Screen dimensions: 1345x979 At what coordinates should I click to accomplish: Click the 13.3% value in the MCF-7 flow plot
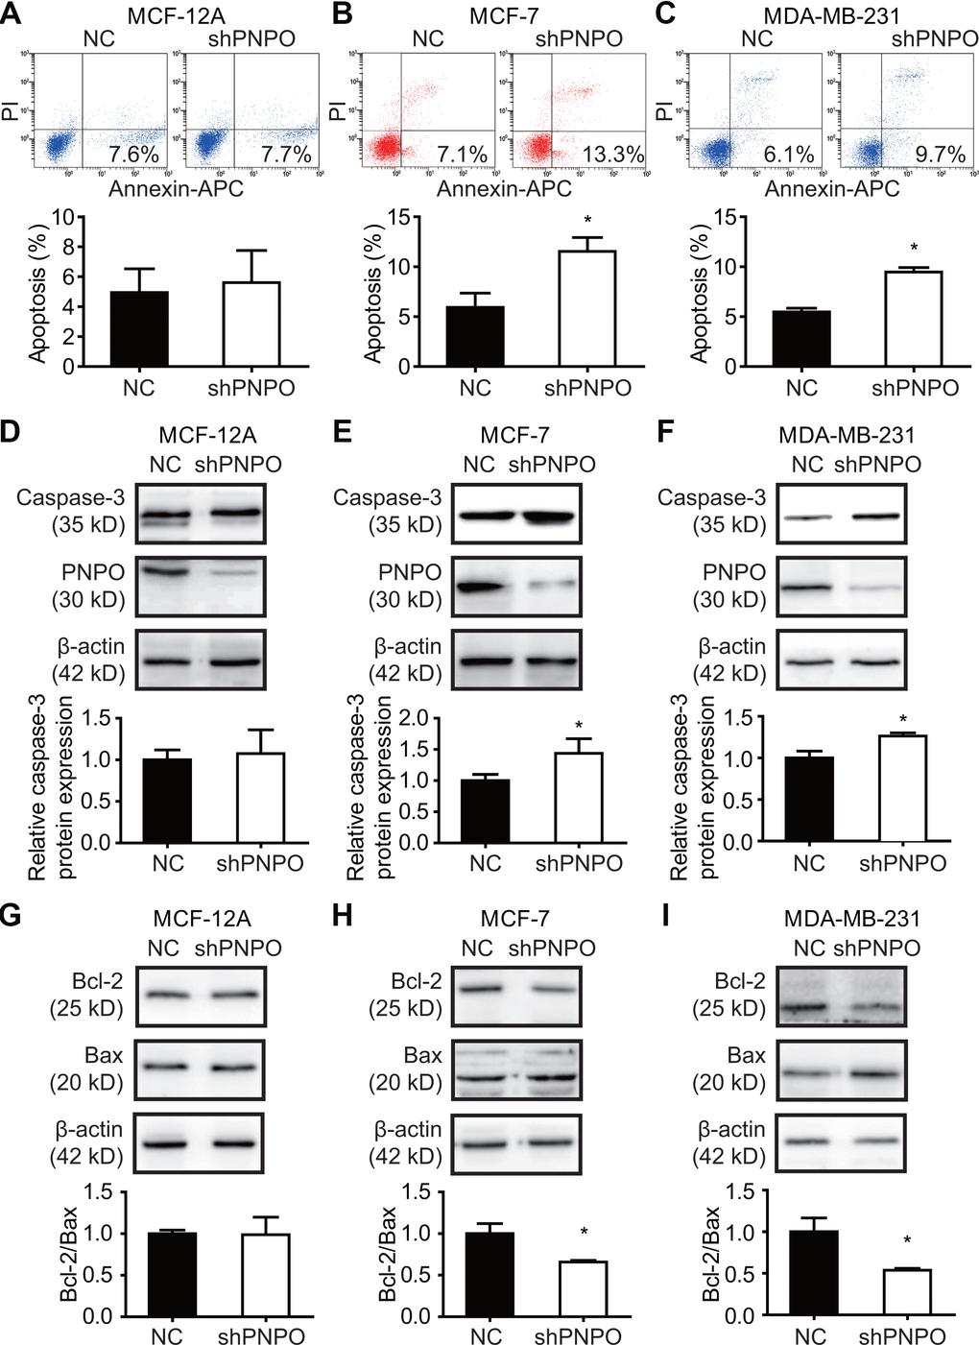[612, 154]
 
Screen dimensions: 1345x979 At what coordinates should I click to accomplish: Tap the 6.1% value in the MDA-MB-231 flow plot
[788, 154]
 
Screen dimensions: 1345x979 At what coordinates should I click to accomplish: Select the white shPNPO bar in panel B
[588, 308]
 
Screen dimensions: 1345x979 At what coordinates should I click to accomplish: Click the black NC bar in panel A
[139, 328]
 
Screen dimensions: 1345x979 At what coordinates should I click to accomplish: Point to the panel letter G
[11, 915]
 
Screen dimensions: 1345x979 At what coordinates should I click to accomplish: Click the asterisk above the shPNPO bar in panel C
[914, 249]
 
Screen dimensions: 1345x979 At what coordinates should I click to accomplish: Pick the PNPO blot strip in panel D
[200, 586]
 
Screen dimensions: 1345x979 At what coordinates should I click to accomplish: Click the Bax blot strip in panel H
[516, 1068]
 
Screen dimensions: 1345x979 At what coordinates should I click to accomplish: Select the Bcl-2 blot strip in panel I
[840, 996]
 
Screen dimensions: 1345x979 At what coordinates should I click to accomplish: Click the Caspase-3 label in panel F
[711, 498]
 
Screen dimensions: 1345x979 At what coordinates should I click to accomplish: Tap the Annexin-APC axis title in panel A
[176, 189]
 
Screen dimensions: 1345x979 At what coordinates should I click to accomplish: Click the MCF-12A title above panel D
[207, 436]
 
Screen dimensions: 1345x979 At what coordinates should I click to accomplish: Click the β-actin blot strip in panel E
[516, 660]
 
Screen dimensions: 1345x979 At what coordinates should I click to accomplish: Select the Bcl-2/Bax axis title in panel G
[69, 1253]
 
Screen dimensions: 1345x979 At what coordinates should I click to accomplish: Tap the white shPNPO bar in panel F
[902, 788]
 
